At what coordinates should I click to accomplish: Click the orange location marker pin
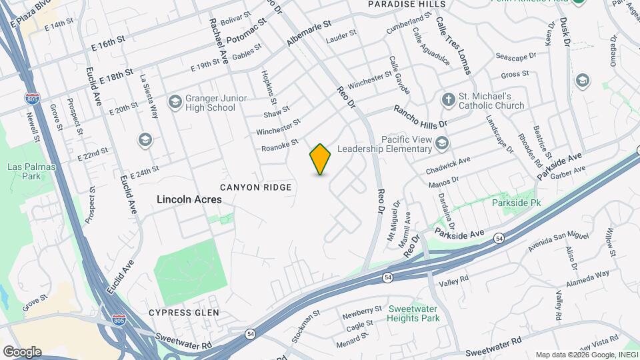click(321, 159)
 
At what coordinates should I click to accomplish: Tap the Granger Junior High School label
click(211, 103)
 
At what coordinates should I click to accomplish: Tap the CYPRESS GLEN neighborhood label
click(183, 312)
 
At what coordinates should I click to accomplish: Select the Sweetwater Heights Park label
click(414, 313)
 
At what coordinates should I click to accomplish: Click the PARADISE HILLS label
click(407, 4)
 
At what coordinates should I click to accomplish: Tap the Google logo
click(22, 351)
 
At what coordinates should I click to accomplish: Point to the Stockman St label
click(303, 327)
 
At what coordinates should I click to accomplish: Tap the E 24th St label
click(145, 173)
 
